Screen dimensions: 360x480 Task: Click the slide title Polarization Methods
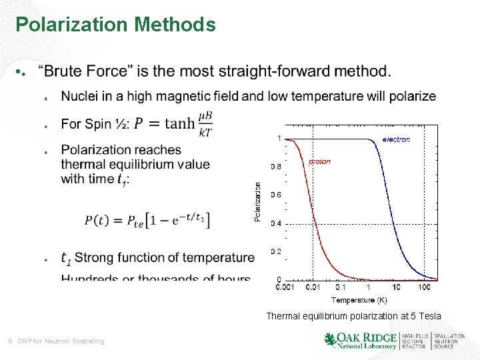pyautogui.click(x=115, y=25)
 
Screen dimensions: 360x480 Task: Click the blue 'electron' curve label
pyautogui.click(x=396, y=139)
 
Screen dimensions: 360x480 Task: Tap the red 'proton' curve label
pyautogui.click(x=320, y=161)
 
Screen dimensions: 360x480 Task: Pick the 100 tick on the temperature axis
pyautogui.click(x=424, y=287)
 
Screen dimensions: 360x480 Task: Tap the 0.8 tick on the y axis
pyautogui.click(x=275, y=167)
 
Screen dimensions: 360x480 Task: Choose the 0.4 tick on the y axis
pyautogui.click(x=275, y=223)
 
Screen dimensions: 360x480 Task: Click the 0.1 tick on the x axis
pyautogui.click(x=341, y=287)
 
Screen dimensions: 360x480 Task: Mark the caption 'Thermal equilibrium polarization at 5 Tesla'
pyautogui.click(x=353, y=316)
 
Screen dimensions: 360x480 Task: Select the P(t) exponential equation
pyautogui.click(x=147, y=221)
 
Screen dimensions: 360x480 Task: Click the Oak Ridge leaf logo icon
pyautogui.click(x=330, y=340)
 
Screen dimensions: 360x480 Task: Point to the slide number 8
pyautogui.click(x=9, y=341)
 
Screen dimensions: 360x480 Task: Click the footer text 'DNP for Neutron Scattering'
pyautogui.click(x=61, y=341)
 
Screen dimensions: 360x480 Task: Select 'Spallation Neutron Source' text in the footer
pyautogui.click(x=449, y=341)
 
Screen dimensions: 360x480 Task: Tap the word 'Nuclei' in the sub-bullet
pyautogui.click(x=81, y=97)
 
